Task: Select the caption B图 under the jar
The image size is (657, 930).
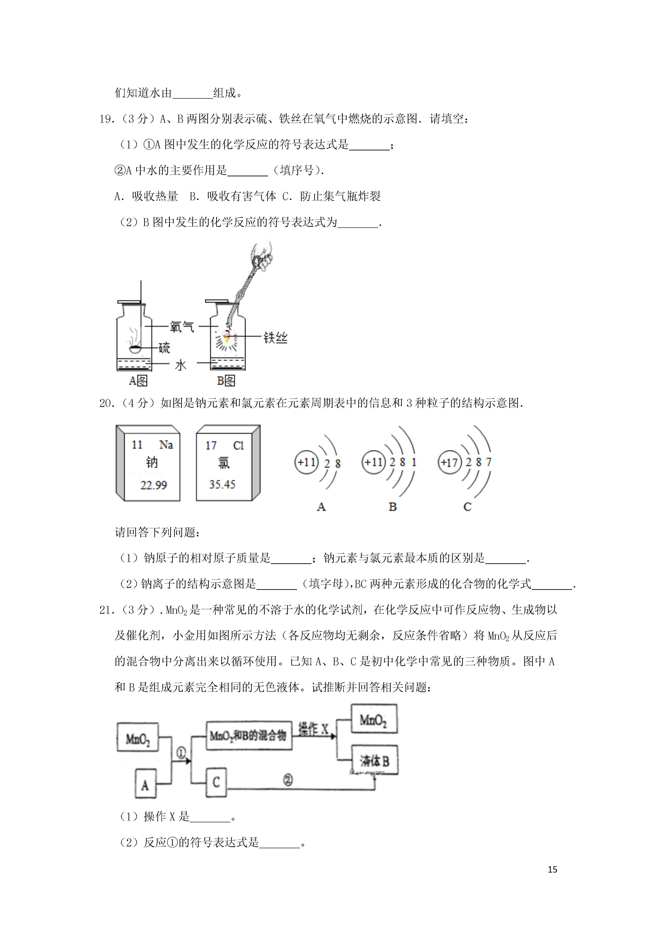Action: pyautogui.click(x=226, y=380)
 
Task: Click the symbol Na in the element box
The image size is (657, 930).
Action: pyautogui.click(x=166, y=445)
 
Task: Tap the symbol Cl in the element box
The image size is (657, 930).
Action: pyautogui.click(x=238, y=446)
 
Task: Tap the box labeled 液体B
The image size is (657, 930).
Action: pyautogui.click(x=374, y=760)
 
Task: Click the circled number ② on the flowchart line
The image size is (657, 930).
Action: pyautogui.click(x=288, y=780)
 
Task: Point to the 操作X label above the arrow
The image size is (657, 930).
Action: pyautogui.click(x=313, y=729)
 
